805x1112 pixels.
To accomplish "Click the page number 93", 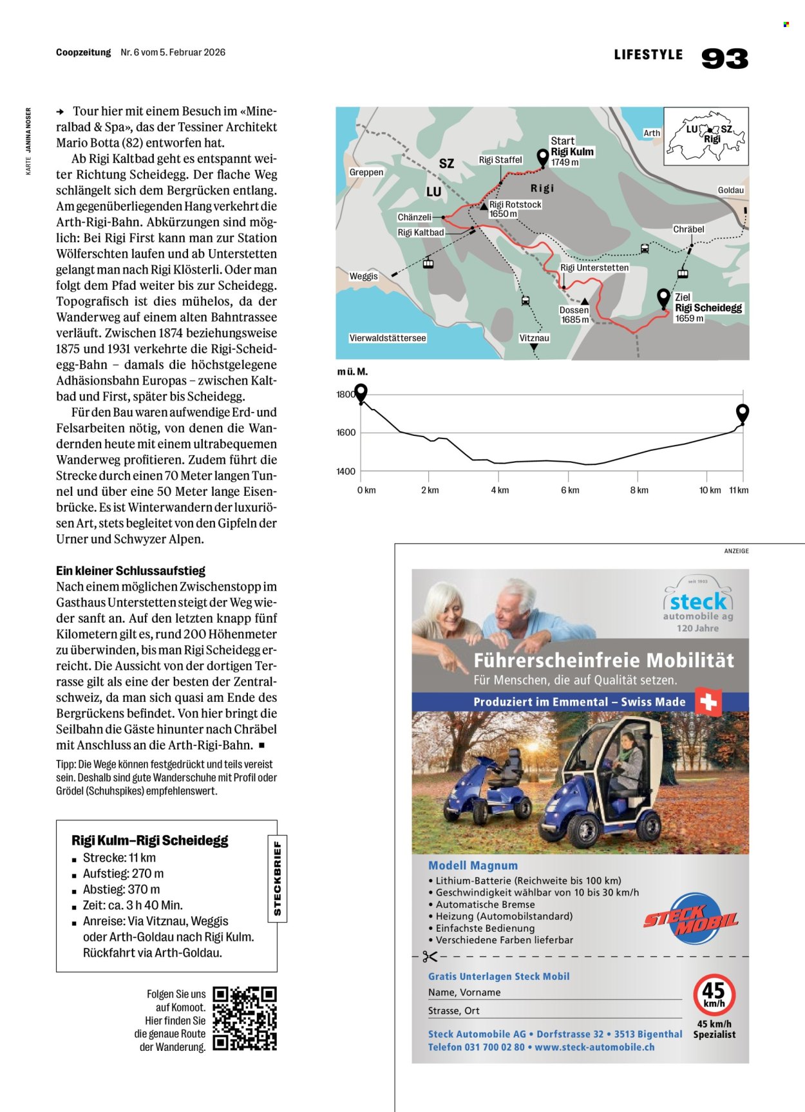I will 724,59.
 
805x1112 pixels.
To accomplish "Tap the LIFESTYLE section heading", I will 648,55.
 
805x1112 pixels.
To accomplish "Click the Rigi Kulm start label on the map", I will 572,152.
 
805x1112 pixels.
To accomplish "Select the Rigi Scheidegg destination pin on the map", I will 663,298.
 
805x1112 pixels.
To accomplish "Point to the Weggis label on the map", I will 363,276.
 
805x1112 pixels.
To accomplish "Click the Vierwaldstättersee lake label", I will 387,338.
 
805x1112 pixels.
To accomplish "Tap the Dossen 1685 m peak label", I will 574,315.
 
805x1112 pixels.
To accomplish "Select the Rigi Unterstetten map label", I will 594,268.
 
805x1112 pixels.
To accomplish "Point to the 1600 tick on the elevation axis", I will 346,433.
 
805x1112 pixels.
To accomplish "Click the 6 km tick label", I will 569,490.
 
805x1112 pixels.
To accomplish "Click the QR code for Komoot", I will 244,1019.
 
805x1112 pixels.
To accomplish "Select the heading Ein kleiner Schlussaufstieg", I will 131,570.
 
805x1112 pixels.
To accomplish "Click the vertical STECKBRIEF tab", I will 277,878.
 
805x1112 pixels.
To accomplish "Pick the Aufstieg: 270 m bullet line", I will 123,874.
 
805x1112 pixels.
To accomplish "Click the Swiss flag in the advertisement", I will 708,702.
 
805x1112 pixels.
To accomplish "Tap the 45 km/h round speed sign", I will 714,995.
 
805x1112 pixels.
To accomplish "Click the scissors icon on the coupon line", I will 430,957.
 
